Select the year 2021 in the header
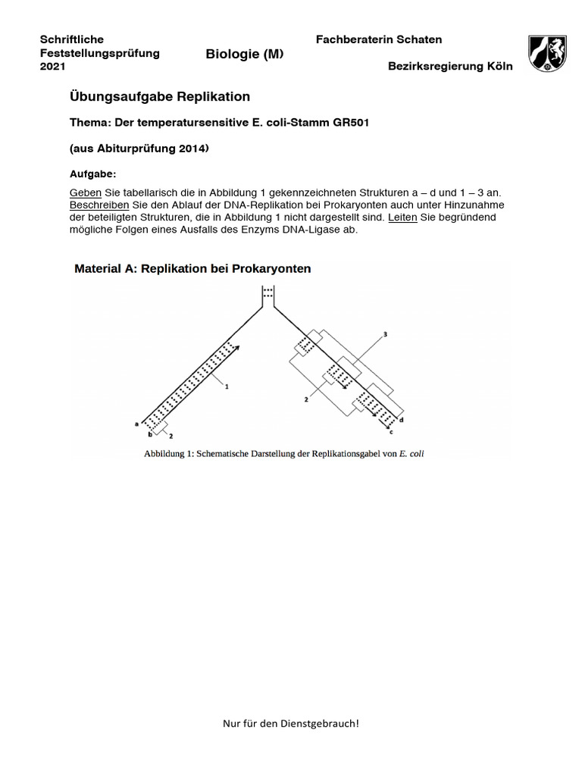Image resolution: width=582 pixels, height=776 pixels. point(52,67)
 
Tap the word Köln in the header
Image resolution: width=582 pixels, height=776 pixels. point(497,67)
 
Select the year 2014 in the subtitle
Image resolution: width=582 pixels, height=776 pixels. point(187,149)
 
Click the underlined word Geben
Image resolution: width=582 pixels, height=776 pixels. point(85,193)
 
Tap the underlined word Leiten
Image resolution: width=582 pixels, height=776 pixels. point(402,217)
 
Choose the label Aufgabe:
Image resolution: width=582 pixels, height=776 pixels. point(92,174)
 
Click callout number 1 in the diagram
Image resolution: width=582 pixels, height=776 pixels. point(226,386)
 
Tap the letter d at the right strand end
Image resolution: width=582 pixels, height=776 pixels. point(401,419)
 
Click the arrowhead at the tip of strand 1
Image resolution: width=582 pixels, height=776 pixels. point(238,347)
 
